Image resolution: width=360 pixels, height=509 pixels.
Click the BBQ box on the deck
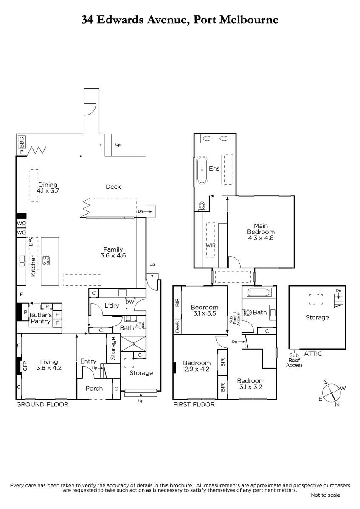(x=22, y=142)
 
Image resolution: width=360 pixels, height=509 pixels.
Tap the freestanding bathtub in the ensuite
(x=202, y=170)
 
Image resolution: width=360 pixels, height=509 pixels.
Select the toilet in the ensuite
(x=202, y=206)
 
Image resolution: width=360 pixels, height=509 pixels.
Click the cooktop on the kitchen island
(x=46, y=260)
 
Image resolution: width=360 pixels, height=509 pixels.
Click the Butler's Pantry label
(x=40, y=318)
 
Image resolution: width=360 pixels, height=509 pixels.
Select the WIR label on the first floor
(x=211, y=246)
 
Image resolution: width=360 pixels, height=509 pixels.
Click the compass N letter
(x=337, y=404)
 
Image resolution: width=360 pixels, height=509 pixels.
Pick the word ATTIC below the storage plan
(x=313, y=354)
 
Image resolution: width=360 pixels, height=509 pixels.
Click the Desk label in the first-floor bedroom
(x=177, y=326)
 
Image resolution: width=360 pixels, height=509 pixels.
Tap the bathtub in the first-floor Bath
(x=259, y=292)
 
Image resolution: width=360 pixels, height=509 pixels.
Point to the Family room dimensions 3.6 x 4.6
(x=113, y=255)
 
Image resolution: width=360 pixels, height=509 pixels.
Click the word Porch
(x=94, y=389)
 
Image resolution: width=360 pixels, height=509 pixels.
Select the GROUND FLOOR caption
(x=42, y=405)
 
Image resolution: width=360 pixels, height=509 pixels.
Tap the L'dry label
(x=112, y=305)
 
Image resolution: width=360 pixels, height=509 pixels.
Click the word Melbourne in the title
(x=249, y=20)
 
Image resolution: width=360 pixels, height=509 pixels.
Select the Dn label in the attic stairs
(x=339, y=291)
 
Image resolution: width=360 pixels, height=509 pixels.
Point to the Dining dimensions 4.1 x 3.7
(x=48, y=190)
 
